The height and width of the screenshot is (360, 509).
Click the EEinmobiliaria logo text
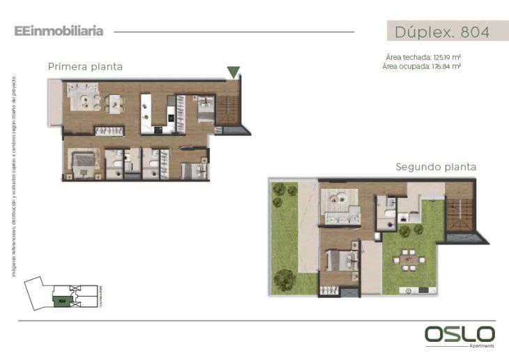pyautogui.click(x=59, y=31)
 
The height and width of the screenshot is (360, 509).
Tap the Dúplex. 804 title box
pyautogui.click(x=442, y=31)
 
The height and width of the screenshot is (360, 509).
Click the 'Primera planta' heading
pyautogui.click(x=85, y=67)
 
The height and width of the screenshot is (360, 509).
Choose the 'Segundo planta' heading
pyautogui.click(x=436, y=167)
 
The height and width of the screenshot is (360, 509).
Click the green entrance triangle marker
pyautogui.click(x=234, y=72)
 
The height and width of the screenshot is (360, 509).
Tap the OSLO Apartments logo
pyautogui.click(x=459, y=335)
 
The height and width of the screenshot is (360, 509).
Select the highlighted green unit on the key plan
pyautogui.click(x=61, y=301)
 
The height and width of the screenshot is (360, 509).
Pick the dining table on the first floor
pyautogui.click(x=115, y=104)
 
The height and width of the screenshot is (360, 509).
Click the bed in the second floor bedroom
pyautogui.click(x=340, y=261)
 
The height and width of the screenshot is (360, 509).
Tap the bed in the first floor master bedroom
pyautogui.click(x=82, y=161)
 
